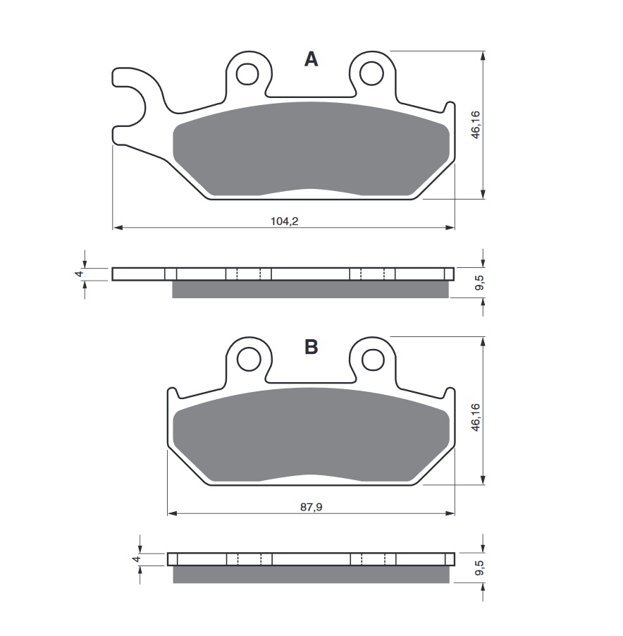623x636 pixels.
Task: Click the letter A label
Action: [311, 60]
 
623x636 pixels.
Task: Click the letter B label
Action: [311, 347]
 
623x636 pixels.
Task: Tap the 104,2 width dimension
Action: [284, 221]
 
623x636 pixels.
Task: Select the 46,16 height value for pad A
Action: [476, 124]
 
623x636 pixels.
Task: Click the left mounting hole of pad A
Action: [247, 73]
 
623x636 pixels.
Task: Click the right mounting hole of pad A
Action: [371, 73]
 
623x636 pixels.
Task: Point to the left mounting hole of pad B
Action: [248, 360]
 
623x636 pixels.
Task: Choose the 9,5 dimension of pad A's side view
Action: [479, 283]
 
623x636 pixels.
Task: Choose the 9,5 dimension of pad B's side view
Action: [479, 570]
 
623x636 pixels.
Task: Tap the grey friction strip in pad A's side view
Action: [310, 289]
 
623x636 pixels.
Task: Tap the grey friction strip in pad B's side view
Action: [310, 575]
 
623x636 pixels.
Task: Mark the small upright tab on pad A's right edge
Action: [449, 109]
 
